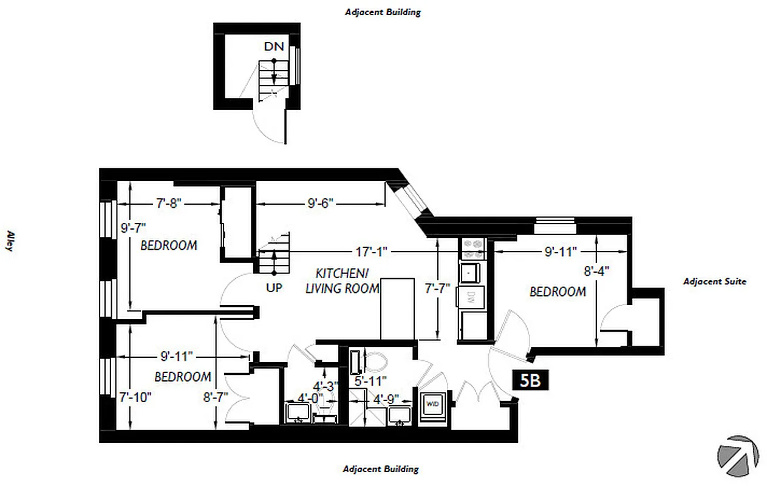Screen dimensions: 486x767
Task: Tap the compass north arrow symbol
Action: point(737,455)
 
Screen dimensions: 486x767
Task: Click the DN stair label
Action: point(274,46)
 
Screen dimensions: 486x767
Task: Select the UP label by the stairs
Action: point(274,288)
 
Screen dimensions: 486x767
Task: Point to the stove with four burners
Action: point(473,247)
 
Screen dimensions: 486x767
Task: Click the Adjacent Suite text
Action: point(714,281)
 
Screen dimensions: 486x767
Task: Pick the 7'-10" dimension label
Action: point(134,397)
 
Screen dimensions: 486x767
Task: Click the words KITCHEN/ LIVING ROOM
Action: point(342,280)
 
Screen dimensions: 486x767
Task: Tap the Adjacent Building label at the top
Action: point(383,12)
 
